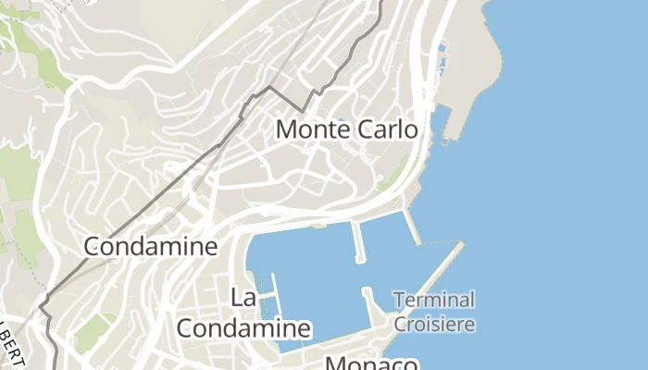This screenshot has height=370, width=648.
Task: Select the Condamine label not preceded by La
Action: tap(150, 246)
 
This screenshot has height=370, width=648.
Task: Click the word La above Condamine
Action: tap(243, 298)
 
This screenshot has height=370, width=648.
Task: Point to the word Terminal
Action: tap(433, 300)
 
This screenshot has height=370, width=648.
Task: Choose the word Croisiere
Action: tap(434, 325)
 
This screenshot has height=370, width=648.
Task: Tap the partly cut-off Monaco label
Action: tap(370, 363)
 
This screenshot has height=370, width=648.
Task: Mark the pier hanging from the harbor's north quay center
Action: tap(356, 240)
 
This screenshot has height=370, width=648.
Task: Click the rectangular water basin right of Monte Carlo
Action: tap(442, 120)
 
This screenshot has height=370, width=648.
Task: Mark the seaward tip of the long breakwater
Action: tap(460, 245)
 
